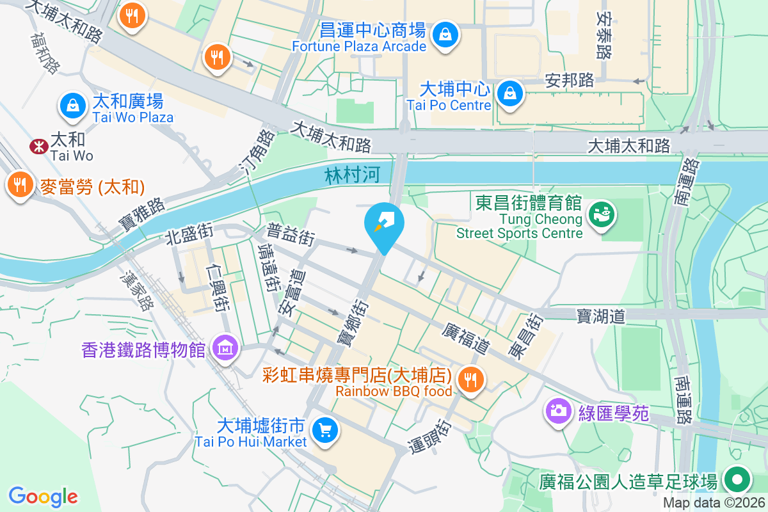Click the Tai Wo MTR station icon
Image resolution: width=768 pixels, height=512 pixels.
(38, 147)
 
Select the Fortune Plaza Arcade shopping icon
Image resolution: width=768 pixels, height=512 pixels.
(444, 34)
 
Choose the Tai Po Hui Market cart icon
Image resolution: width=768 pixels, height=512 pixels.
(325, 430)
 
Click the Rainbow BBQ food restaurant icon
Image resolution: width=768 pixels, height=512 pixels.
(472, 380)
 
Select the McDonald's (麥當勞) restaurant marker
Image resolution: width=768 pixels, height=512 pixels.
(20, 185)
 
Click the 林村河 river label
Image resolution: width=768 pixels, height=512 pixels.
(353, 176)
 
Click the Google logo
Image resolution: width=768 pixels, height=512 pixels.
(44, 496)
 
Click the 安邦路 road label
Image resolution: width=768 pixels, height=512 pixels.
(570, 80)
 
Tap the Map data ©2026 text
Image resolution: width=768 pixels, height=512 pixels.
(714, 503)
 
